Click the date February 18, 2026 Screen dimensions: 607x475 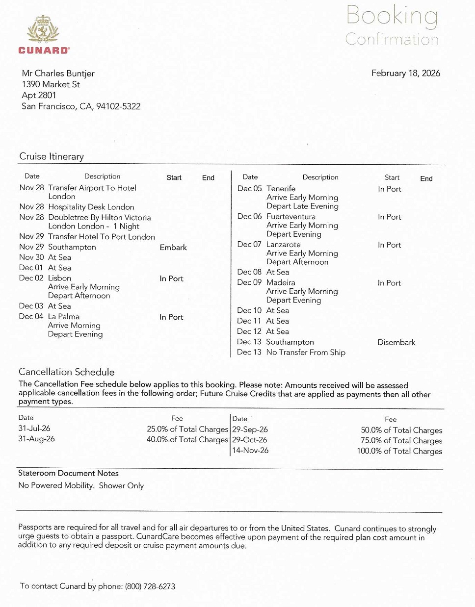[405, 73]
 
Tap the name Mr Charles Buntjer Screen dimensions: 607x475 [58, 73]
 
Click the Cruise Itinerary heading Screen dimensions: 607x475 [52, 156]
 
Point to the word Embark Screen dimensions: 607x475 [173, 248]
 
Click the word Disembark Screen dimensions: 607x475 [396, 342]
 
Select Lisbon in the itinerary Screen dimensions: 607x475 [59, 278]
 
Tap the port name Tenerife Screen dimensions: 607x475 [281, 188]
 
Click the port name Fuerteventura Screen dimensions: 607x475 [290, 216]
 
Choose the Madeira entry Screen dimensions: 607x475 [281, 282]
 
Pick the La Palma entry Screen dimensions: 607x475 [63, 317]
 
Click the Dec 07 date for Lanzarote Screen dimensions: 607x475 [249, 244]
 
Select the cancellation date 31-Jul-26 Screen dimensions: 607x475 [34, 428]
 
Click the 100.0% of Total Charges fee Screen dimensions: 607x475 [399, 451]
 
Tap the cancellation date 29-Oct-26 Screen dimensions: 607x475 [250, 440]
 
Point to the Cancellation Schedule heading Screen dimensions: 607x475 [66, 372]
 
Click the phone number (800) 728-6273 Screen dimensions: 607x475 [150, 586]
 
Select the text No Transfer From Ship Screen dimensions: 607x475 [306, 352]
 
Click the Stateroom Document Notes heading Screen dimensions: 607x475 [68, 473]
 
